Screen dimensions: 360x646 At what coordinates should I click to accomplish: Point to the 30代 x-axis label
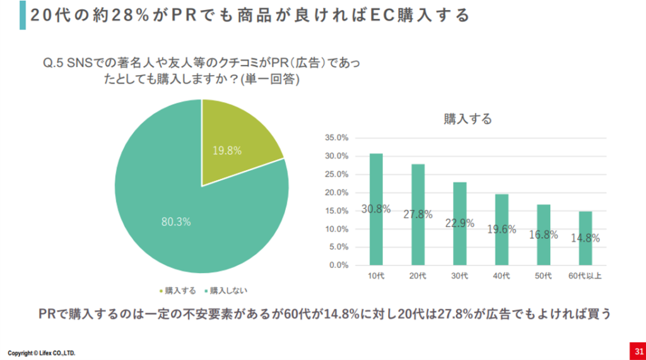(460, 276)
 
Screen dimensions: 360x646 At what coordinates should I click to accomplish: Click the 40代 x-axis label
(502, 276)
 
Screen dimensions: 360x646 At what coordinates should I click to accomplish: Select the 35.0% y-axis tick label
(336, 137)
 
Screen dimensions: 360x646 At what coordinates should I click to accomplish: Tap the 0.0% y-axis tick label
(338, 265)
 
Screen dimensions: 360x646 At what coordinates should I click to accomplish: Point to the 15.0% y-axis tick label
(336, 211)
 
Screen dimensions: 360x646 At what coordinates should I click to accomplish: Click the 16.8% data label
(543, 235)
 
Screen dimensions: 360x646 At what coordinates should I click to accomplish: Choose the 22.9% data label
(460, 223)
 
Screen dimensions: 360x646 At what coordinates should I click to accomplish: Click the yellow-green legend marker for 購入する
(161, 291)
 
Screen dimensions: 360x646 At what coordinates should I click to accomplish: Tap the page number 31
(638, 351)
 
